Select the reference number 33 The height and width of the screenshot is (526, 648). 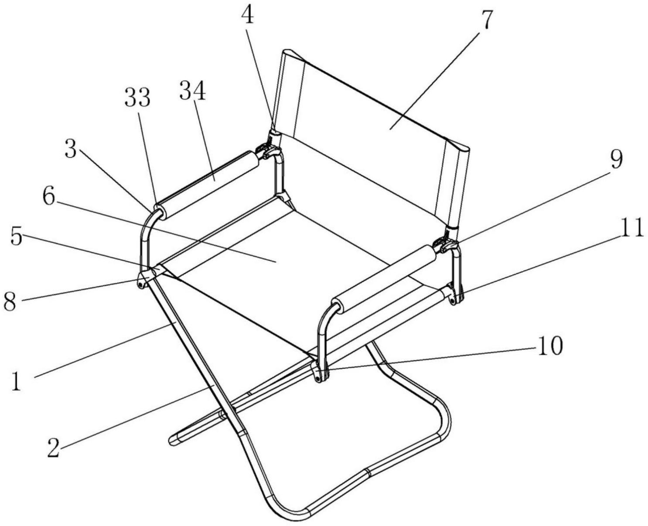pos(138,98)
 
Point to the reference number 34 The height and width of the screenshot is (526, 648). pos(193,91)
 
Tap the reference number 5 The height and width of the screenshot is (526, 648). pos(17,236)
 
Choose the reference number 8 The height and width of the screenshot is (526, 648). pos(10,301)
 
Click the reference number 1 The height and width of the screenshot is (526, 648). pos(17,382)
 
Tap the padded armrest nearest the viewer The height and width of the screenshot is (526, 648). pos(384,280)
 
